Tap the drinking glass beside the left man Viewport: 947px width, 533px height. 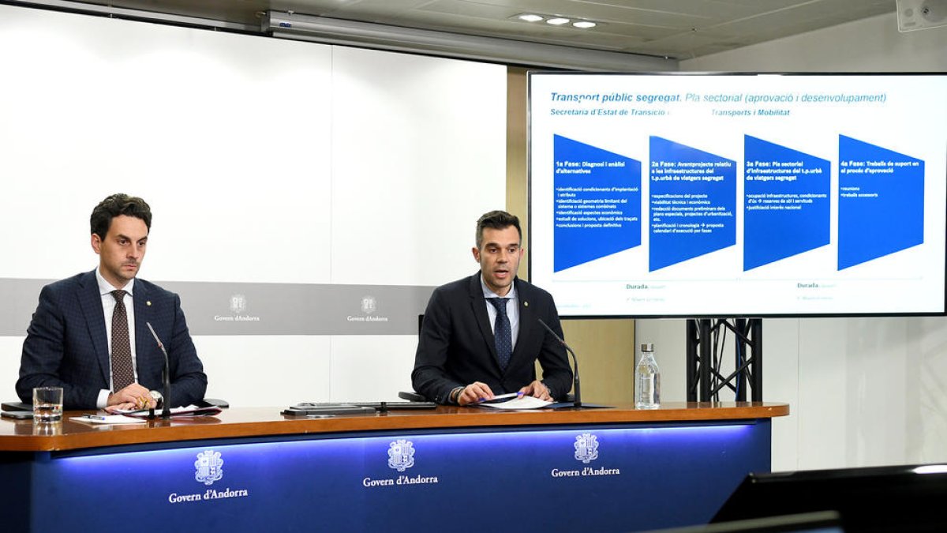(x=47, y=404)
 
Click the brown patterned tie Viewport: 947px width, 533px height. (x=121, y=340)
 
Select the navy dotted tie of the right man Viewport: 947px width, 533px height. (x=502, y=332)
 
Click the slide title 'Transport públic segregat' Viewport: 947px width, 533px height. (x=615, y=98)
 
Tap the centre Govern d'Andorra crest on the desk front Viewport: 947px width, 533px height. (x=401, y=456)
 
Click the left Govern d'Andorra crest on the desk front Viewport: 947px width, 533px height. (x=208, y=467)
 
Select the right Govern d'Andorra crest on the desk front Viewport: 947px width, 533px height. (x=586, y=448)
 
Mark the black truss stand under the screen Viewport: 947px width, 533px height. (x=724, y=360)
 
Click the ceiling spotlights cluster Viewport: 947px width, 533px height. (x=557, y=21)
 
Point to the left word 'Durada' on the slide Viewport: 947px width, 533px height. (x=637, y=286)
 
